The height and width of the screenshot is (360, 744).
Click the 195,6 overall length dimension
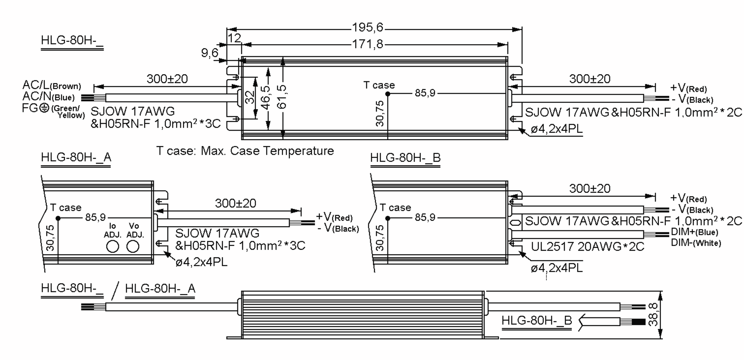coord(368,28)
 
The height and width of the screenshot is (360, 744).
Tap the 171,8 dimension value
coord(368,45)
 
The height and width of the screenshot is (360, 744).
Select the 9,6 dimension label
coord(210,53)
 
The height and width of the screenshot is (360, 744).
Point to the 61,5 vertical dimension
coord(282,97)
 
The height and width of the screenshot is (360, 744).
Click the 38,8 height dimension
coord(653,315)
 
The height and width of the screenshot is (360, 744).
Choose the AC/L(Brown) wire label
coord(51,85)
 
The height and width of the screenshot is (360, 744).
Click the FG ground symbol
coord(45,108)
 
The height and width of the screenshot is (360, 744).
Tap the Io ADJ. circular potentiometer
coord(113,247)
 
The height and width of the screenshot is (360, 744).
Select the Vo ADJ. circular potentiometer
coord(133,247)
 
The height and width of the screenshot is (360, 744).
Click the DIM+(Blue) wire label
coord(694,232)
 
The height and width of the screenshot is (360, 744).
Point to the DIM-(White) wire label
coord(696,243)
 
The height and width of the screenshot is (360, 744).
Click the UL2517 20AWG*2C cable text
coord(587,247)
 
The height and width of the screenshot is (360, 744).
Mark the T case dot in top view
coord(387,94)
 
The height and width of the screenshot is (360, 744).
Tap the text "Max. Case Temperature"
coord(267,151)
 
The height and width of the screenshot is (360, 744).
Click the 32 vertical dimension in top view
coord(250,97)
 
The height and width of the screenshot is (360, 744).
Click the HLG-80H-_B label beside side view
coord(537,321)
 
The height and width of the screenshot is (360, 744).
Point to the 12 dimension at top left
coord(234,38)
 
